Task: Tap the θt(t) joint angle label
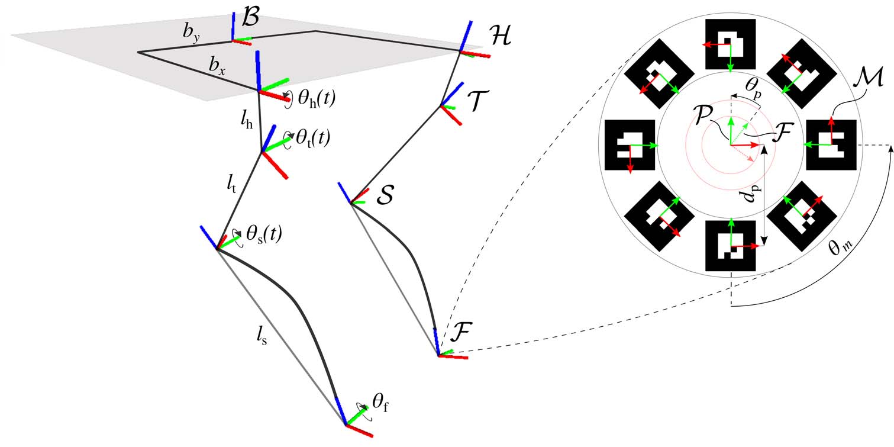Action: coord(311,139)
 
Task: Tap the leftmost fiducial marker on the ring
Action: coord(630,145)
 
